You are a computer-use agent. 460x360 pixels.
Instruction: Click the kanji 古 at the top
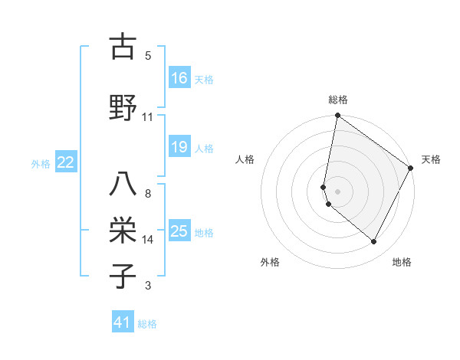point(122,47)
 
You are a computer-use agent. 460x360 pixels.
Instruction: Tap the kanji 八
point(122,184)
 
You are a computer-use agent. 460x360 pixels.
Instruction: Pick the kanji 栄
point(122,229)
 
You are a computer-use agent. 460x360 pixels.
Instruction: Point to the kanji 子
point(122,277)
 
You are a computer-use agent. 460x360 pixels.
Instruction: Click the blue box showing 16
point(179,78)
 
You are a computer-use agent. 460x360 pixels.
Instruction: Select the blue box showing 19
point(179,148)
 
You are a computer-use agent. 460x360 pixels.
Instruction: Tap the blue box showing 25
point(179,231)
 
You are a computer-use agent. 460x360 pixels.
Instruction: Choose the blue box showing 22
point(66,162)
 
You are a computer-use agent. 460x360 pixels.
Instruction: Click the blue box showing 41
point(123,323)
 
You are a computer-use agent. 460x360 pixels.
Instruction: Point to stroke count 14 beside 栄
point(148,240)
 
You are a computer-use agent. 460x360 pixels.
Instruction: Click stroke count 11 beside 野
point(148,116)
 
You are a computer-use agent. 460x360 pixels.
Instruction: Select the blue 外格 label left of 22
point(41,163)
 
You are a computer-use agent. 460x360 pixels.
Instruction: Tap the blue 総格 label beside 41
point(147,324)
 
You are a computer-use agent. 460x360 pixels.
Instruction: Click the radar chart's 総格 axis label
point(338,100)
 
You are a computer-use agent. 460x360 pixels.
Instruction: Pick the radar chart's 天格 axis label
point(431,159)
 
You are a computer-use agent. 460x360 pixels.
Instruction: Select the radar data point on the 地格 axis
point(374,242)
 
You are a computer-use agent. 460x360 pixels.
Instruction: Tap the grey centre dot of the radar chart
point(338,191)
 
